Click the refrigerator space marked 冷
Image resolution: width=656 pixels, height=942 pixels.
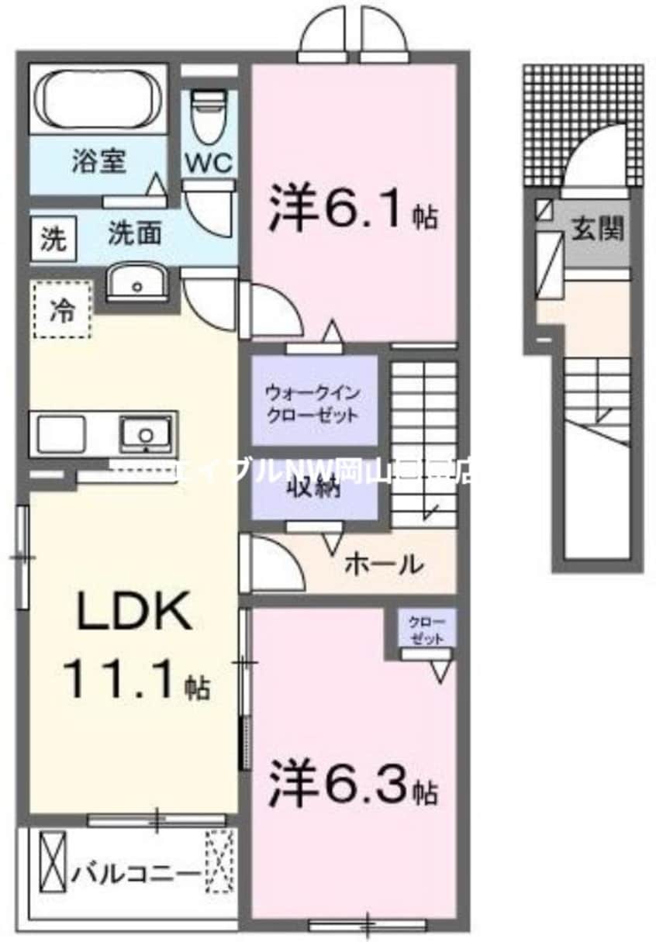(x=62, y=309)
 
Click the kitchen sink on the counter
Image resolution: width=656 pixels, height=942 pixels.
(x=145, y=433)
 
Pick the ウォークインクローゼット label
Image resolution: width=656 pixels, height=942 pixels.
(x=312, y=402)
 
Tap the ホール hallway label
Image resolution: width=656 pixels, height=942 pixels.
(x=383, y=564)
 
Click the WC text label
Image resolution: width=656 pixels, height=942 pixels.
(x=209, y=163)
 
